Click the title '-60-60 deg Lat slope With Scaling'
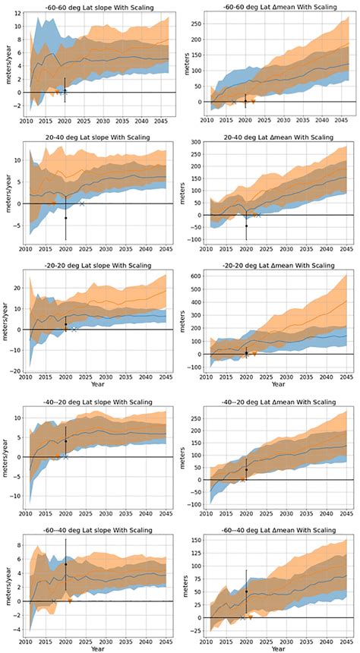point(92,6)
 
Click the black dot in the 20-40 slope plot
point(65,218)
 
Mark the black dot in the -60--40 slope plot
point(66,564)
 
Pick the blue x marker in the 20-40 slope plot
point(83,203)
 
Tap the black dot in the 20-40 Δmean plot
point(246,226)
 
